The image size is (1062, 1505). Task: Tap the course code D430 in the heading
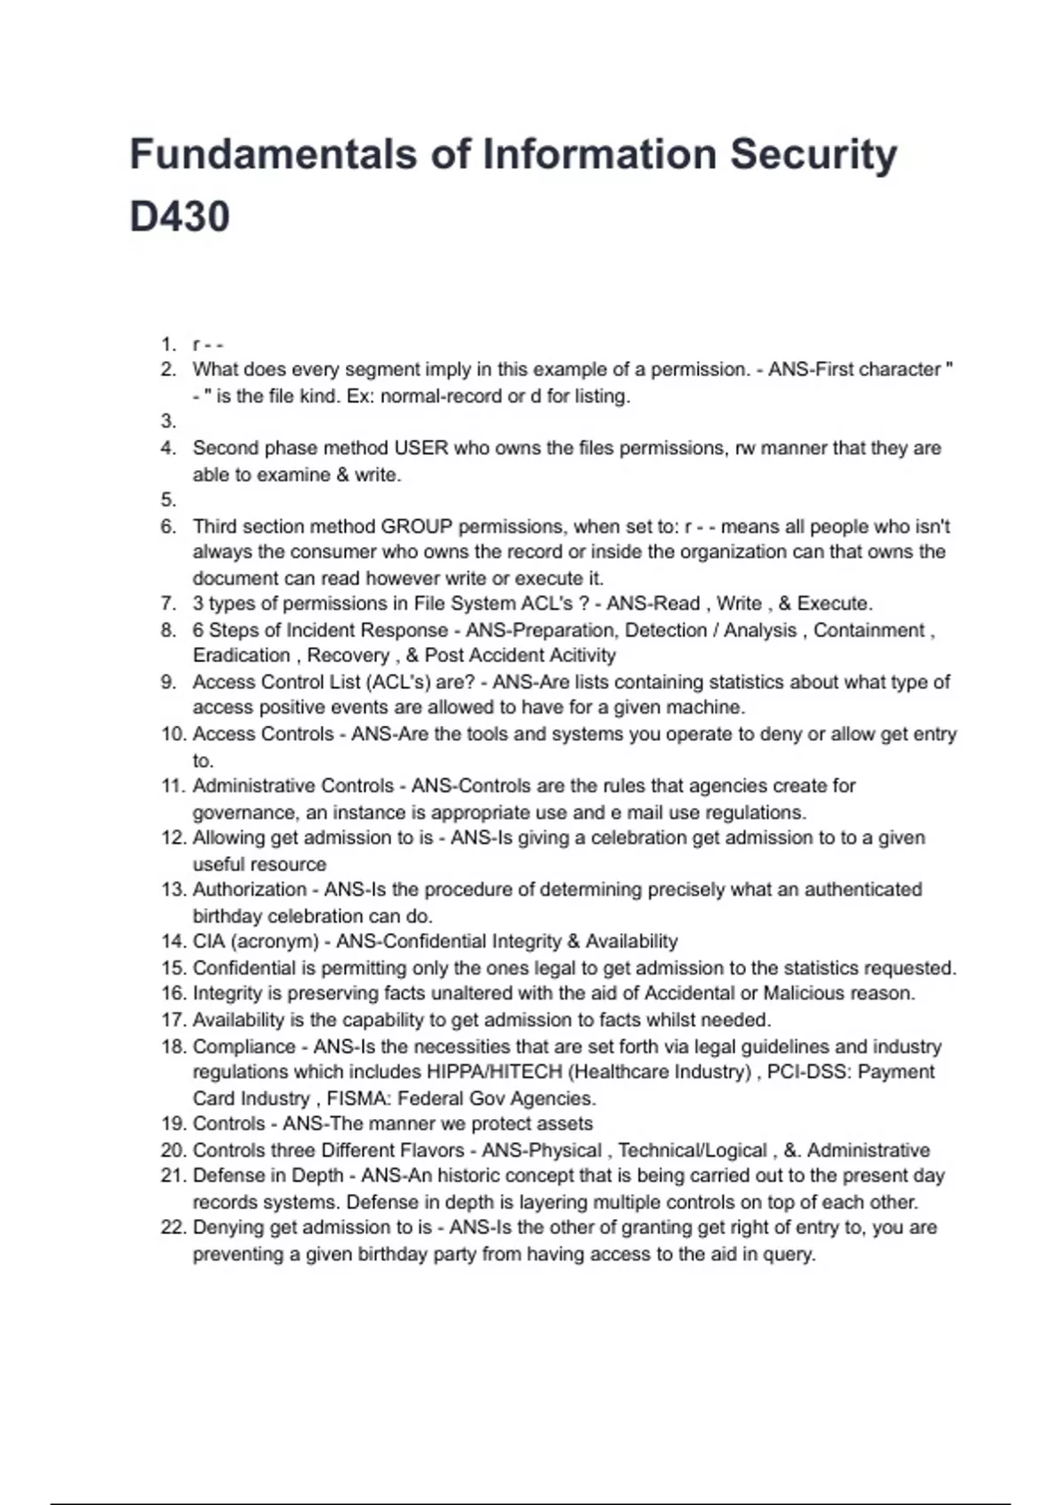(x=180, y=217)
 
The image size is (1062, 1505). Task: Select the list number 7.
(x=168, y=604)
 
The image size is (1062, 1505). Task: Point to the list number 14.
(x=172, y=941)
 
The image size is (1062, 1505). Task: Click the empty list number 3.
(x=168, y=421)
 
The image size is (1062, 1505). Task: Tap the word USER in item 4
(x=421, y=448)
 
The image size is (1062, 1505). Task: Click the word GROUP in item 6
(x=416, y=527)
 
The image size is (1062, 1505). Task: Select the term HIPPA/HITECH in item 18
(x=495, y=1072)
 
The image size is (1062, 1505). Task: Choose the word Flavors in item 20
(x=428, y=1150)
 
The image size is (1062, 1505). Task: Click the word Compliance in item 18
(x=244, y=1046)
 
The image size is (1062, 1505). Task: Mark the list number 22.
(x=172, y=1228)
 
